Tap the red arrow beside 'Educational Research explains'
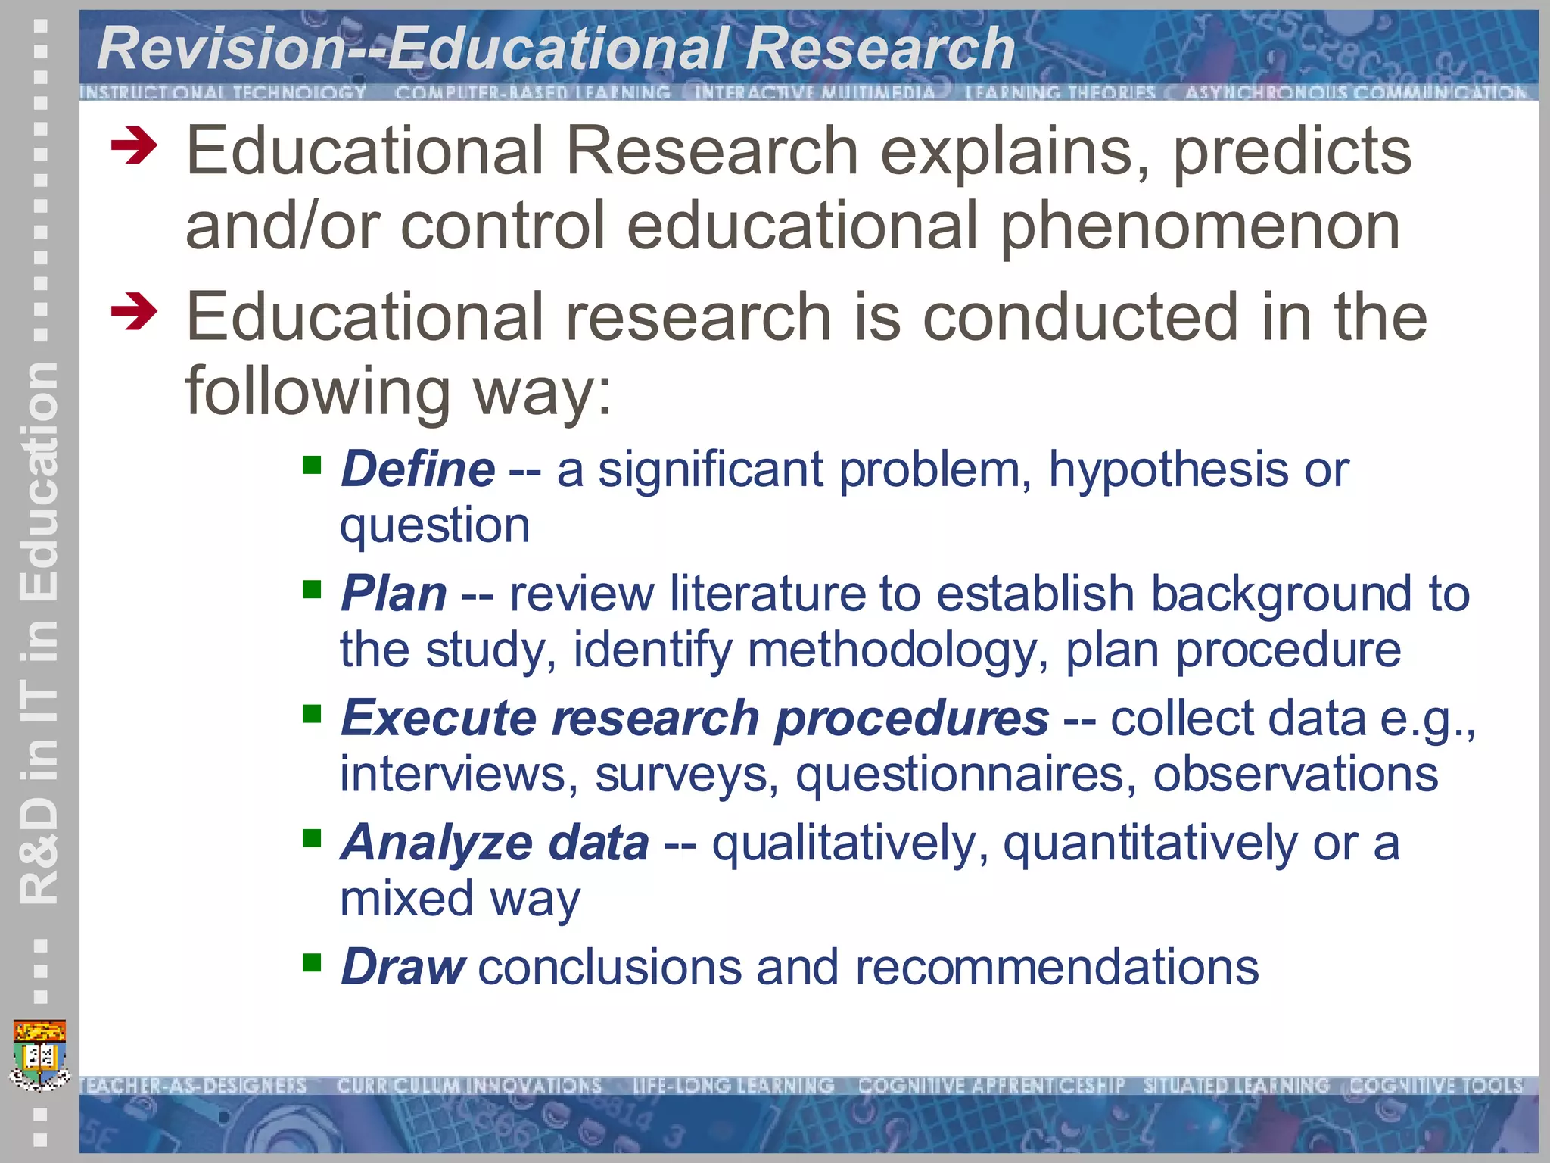point(134,145)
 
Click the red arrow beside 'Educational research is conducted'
point(134,311)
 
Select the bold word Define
point(418,469)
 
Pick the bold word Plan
point(394,593)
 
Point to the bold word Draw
point(403,967)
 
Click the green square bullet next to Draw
point(312,962)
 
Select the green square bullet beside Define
point(312,464)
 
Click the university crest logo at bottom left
point(40,1055)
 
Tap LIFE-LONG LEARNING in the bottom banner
point(733,1086)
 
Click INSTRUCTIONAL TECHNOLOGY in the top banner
point(223,92)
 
